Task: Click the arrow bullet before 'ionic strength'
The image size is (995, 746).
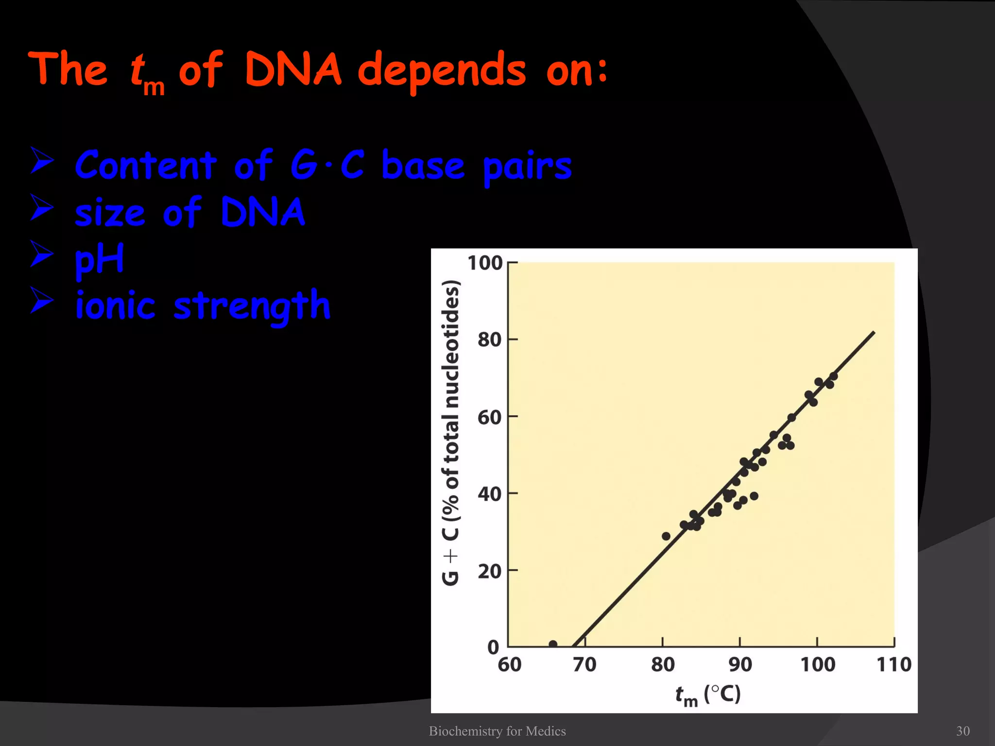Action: (42, 300)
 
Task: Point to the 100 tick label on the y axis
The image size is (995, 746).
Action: (484, 263)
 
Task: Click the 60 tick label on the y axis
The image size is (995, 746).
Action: (489, 417)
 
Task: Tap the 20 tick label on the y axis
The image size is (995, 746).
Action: (489, 571)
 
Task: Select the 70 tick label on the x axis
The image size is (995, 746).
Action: (584, 664)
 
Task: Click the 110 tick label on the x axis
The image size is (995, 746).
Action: (893, 664)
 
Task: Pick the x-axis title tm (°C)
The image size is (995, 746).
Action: (708, 695)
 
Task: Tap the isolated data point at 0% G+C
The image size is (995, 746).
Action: (552, 644)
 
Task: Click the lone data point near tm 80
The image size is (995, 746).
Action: (666, 536)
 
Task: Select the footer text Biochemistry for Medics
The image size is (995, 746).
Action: (497, 731)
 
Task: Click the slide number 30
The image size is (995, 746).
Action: (962, 731)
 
